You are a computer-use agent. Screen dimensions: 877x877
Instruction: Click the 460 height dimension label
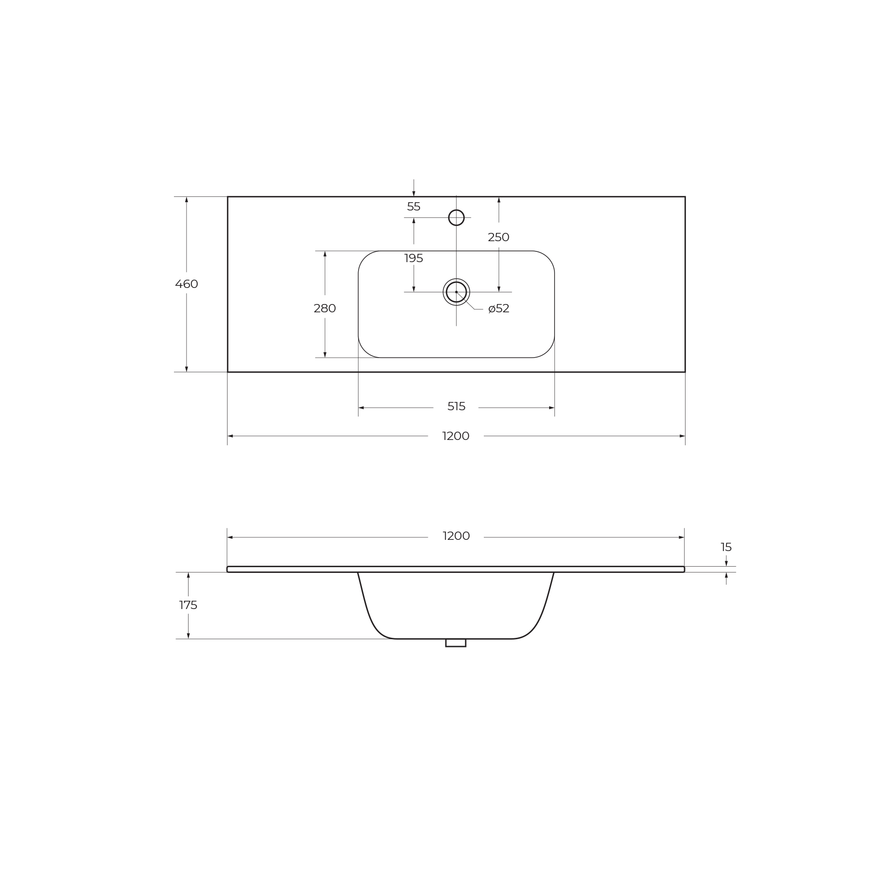click(187, 284)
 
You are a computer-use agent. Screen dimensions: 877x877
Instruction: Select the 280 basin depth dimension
click(325, 308)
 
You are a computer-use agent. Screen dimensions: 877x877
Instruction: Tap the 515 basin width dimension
click(457, 406)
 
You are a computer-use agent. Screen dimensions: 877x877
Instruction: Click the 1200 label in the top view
click(456, 436)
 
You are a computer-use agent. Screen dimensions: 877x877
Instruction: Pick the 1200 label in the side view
click(456, 536)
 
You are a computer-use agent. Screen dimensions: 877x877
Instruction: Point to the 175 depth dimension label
click(188, 605)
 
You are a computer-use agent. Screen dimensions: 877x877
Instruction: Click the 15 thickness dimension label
click(726, 547)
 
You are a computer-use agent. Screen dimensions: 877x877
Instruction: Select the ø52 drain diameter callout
click(499, 308)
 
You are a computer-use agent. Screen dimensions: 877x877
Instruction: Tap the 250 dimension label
click(498, 237)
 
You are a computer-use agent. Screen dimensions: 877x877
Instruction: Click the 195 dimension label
click(414, 258)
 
